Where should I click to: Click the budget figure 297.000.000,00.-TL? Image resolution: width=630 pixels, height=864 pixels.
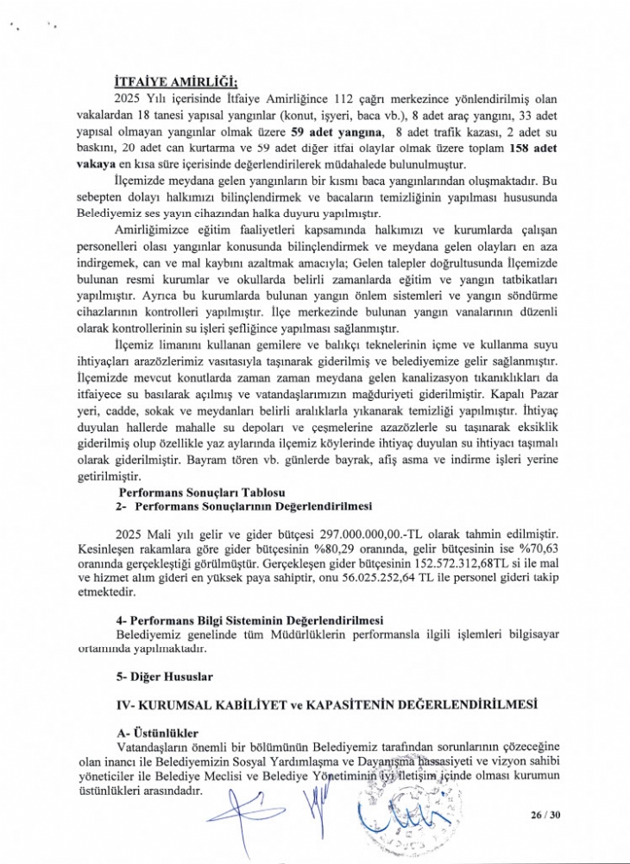point(360,537)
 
